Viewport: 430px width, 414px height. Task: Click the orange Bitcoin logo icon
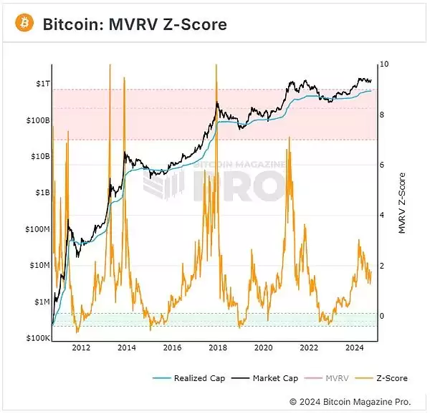pos(25,24)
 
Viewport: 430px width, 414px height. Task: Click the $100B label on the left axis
pos(37,120)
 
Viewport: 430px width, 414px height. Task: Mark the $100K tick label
pos(37,338)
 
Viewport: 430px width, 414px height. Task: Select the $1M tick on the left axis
pos(40,302)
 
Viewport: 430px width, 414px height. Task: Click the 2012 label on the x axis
pos(81,348)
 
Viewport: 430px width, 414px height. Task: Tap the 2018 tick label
pos(218,348)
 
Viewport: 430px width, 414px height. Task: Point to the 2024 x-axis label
pos(355,348)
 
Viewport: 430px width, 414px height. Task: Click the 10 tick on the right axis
pos(385,64)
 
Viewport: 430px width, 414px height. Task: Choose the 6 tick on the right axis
pos(383,165)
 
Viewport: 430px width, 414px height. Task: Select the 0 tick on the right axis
pos(383,316)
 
